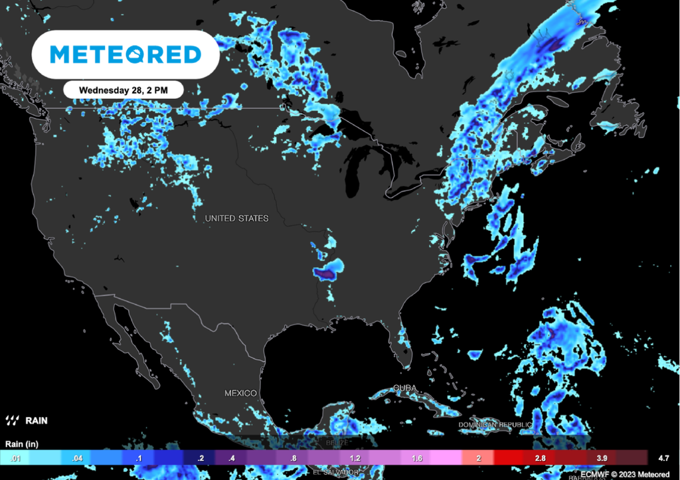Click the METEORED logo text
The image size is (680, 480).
click(x=126, y=54)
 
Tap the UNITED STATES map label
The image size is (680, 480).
click(x=236, y=218)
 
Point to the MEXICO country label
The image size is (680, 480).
click(x=240, y=393)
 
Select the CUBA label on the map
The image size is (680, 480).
click(x=404, y=388)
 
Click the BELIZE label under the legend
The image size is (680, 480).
click(x=337, y=442)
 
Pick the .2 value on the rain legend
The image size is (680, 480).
click(x=199, y=458)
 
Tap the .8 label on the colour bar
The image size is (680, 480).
click(x=292, y=458)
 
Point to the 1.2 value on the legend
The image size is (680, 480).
click(x=355, y=458)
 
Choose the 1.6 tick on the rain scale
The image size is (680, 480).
click(x=416, y=458)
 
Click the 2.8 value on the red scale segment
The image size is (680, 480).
click(x=540, y=458)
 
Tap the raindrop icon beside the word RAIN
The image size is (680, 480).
click(x=12, y=420)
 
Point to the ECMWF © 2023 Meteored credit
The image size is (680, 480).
click(x=625, y=474)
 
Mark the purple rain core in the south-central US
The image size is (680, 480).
click(x=325, y=272)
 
